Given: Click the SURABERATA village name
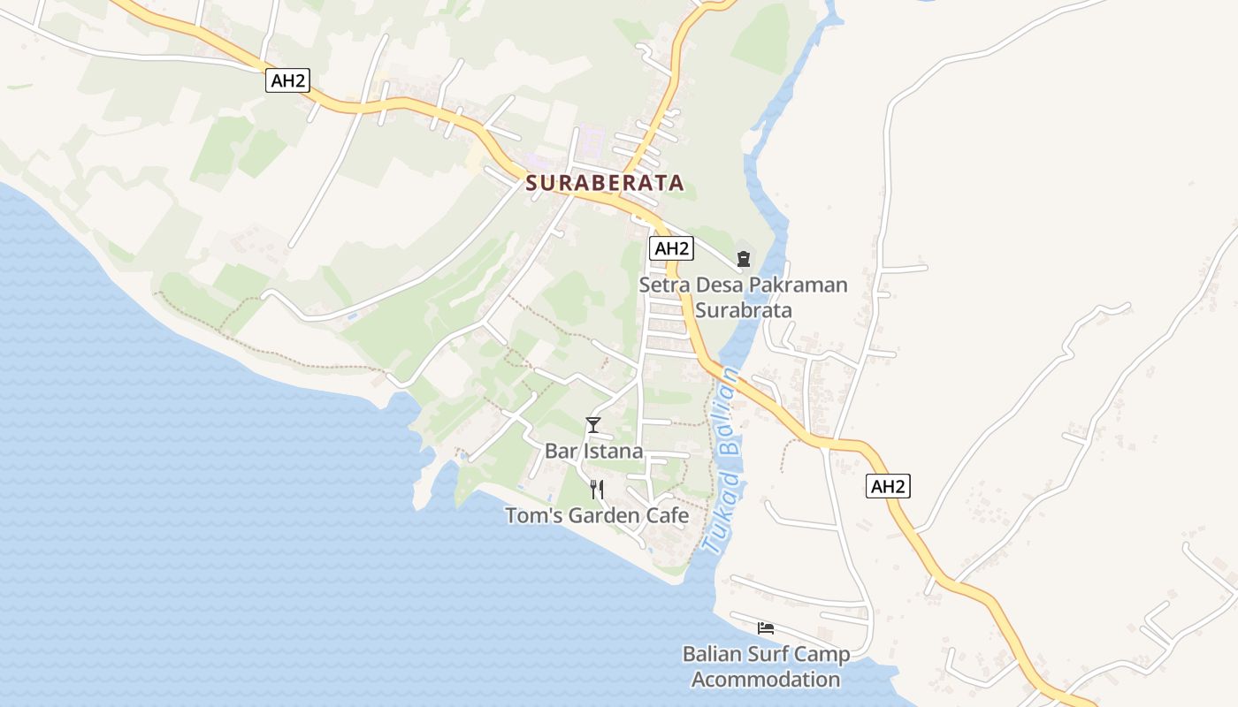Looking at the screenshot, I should [x=605, y=183].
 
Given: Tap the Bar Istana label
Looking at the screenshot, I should [x=594, y=451].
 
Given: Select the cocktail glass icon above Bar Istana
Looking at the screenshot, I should [x=593, y=425].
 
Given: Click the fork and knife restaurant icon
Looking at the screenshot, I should [x=597, y=489].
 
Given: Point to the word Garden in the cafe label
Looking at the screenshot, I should [x=600, y=515].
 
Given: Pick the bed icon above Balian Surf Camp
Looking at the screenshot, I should [x=766, y=628].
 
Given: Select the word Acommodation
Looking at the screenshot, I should [x=766, y=680].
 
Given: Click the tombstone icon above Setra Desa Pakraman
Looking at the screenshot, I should [x=744, y=259].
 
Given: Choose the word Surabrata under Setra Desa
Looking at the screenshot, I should [x=743, y=310].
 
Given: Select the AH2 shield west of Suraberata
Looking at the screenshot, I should [x=287, y=80].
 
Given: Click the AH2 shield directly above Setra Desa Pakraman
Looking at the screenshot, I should [x=670, y=248].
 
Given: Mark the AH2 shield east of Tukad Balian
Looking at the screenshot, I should [x=888, y=486].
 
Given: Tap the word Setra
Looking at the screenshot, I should [x=664, y=285].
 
